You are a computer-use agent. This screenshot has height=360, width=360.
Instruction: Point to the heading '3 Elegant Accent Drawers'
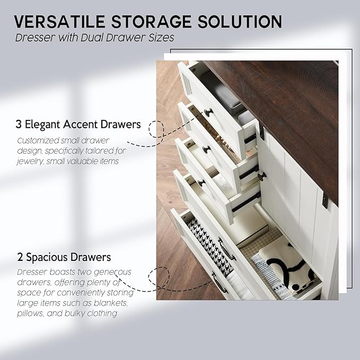point(78,125)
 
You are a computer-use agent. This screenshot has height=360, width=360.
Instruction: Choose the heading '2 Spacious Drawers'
point(63,257)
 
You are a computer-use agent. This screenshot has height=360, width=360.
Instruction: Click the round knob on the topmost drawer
point(208,112)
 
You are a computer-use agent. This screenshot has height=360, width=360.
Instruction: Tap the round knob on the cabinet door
point(261,175)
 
